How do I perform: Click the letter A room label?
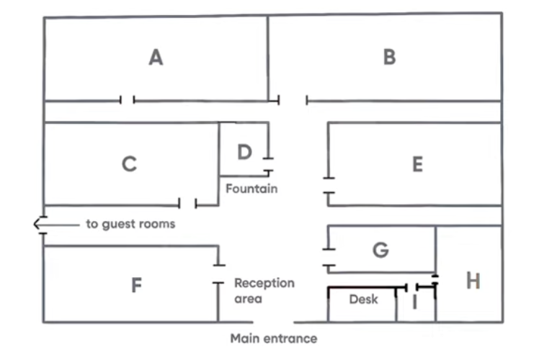coord(156,57)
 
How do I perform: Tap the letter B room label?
coord(389,57)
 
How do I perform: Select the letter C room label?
coord(129,164)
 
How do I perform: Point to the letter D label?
coord(245,152)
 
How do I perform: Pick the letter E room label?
coord(418,164)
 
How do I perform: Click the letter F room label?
coord(136,285)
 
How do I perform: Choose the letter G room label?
coord(380,250)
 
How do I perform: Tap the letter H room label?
coord(473,280)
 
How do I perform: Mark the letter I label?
coord(415,302)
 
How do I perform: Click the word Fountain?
coord(251,189)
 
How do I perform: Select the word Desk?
coord(363,300)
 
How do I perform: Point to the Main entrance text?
coord(274,338)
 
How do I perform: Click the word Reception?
coord(264,283)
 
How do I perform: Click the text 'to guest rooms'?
coord(130,224)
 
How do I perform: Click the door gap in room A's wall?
coord(128,100)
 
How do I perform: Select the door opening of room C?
coord(187,204)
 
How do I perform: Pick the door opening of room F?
coord(218,274)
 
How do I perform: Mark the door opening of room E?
coord(329,186)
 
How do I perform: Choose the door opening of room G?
coord(329,257)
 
